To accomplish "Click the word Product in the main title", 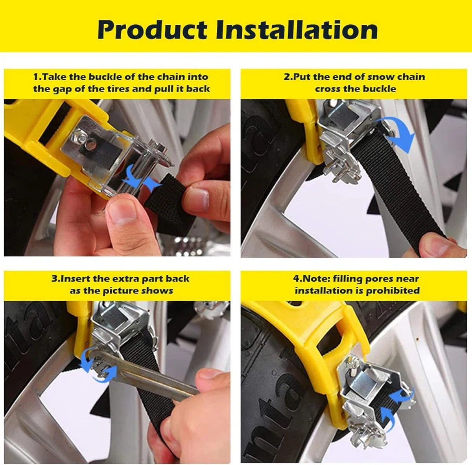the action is coord(152,30).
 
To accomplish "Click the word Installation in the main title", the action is coord(297,30).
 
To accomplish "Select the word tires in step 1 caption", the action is coord(116,88).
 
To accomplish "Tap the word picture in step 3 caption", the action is coord(120,291).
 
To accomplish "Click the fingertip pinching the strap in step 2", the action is coord(439,245).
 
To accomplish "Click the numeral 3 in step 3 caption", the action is coord(54,279).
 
